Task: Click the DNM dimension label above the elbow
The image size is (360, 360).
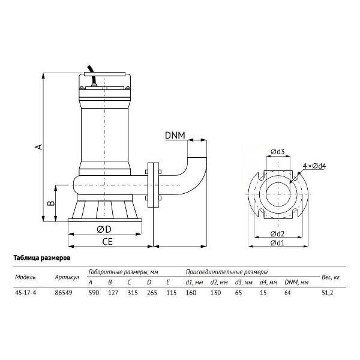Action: point(175,136)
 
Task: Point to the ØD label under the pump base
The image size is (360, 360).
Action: point(104,229)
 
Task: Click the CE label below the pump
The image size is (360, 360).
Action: point(107,242)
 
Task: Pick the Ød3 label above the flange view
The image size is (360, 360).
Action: point(278,152)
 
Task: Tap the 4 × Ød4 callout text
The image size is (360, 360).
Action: point(314,166)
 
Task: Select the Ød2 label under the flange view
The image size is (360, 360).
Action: point(278,234)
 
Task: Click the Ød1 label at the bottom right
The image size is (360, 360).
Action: point(278,242)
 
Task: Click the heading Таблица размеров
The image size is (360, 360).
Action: point(42,258)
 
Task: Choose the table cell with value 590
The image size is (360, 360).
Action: point(94,293)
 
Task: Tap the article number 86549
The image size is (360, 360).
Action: point(64,293)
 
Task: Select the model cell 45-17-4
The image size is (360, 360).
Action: point(26,293)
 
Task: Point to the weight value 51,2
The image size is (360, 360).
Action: point(328,293)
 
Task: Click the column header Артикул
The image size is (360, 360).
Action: point(67,277)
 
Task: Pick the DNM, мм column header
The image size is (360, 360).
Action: point(296,282)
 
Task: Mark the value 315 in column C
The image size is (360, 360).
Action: point(133,293)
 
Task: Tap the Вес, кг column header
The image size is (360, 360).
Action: point(331,277)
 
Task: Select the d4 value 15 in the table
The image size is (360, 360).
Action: point(263,293)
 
